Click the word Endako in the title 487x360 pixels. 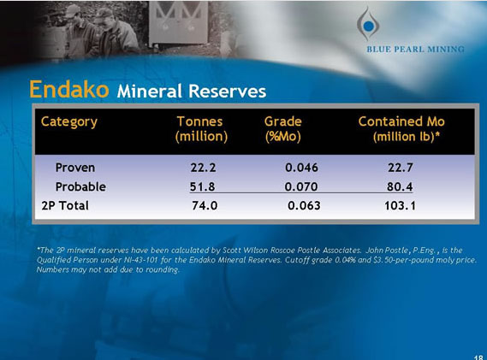pos(68,89)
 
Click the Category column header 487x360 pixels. pos(69,121)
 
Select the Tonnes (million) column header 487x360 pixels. pos(201,128)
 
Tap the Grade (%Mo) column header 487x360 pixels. pos(282,128)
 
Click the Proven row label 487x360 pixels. pos(75,167)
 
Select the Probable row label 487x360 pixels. pos(80,186)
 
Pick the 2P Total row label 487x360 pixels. pos(65,206)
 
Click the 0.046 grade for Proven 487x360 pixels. pos(302,167)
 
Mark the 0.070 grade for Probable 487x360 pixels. pos(302,186)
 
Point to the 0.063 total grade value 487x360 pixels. pos(305,206)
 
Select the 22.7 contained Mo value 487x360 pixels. pos(400,167)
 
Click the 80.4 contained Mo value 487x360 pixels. pos(400,186)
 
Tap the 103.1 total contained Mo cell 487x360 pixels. pos(400,206)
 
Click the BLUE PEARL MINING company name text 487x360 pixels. pos(416,49)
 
